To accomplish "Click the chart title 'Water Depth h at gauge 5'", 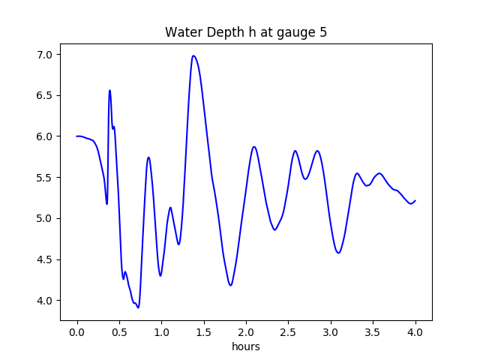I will point(246,32).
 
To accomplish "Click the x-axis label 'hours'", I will point(246,346).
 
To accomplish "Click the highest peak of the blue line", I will point(193,55).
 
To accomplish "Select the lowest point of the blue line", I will point(138,307).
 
